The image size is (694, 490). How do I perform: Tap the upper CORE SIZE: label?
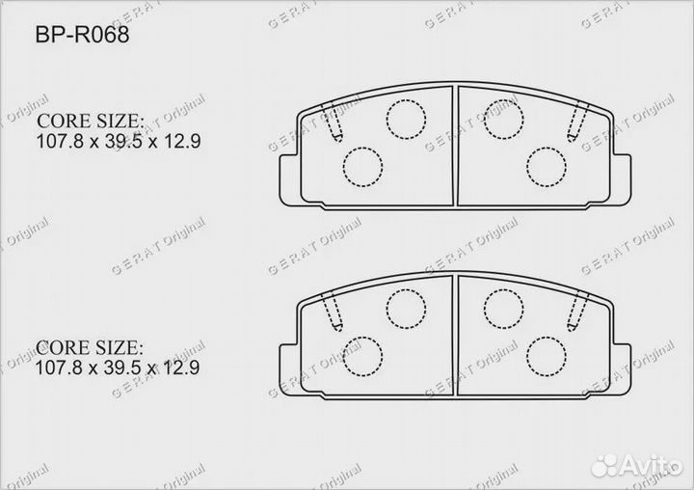click(x=90, y=122)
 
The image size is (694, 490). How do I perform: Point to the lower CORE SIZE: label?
click(x=90, y=347)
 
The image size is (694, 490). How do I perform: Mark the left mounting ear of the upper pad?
click(x=286, y=175)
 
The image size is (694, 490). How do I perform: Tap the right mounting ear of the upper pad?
click(x=621, y=175)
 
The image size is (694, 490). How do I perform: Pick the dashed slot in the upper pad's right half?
click(x=577, y=122)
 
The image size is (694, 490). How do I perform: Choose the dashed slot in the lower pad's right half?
click(x=577, y=312)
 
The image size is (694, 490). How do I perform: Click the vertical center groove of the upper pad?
click(x=454, y=145)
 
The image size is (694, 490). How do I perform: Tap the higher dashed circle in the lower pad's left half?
click(x=405, y=307)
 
